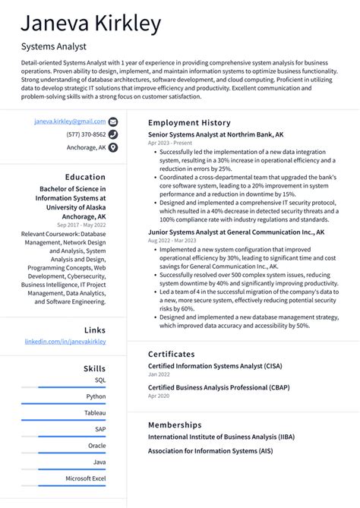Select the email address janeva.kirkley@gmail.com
[70, 121]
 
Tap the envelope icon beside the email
[113, 121]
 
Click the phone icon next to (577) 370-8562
[113, 134]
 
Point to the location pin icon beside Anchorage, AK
[113, 147]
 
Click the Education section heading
[85, 177]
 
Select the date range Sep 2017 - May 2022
[83, 226]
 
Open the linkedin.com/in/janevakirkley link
[65, 342]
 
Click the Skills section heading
[94, 368]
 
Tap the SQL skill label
[100, 380]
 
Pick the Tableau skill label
[95, 412]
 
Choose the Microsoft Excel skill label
[85, 478]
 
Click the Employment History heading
[188, 122]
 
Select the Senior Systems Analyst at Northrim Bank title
[216, 134]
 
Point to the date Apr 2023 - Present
[169, 143]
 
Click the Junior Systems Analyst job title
[235, 232]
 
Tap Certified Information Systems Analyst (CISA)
[214, 365]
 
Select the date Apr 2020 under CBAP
[159, 396]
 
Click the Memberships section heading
[175, 424]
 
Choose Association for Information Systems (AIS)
[210, 451]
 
